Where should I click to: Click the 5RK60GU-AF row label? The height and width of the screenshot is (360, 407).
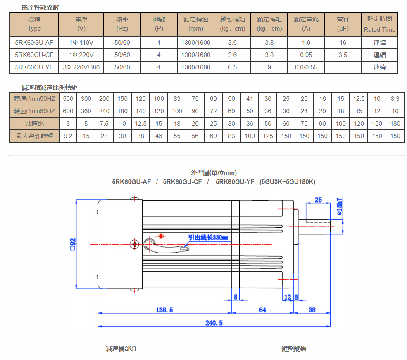(x=34, y=43)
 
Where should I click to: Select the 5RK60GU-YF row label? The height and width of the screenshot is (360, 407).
(x=34, y=67)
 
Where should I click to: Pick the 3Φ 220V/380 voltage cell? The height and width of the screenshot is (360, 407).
(x=81, y=67)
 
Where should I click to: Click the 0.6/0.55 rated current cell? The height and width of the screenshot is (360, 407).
(x=306, y=67)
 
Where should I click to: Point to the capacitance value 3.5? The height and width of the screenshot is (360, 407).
(x=343, y=55)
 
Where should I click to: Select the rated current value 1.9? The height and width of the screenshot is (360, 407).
(x=306, y=43)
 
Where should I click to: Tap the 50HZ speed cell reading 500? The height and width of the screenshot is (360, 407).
(x=68, y=99)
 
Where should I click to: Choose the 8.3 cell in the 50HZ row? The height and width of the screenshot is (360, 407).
(x=395, y=99)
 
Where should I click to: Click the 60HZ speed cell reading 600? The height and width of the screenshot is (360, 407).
(x=68, y=111)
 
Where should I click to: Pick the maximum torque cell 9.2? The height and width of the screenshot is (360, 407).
(x=68, y=136)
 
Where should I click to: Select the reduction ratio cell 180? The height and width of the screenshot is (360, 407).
(x=395, y=124)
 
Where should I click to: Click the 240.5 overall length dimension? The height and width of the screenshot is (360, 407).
(x=214, y=323)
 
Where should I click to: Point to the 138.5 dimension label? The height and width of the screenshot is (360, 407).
(x=164, y=310)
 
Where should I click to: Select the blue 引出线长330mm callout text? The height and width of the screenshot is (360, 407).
(x=208, y=238)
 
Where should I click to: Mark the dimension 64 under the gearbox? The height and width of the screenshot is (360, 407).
(x=262, y=310)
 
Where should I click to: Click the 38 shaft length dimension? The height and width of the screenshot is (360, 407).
(x=312, y=310)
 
